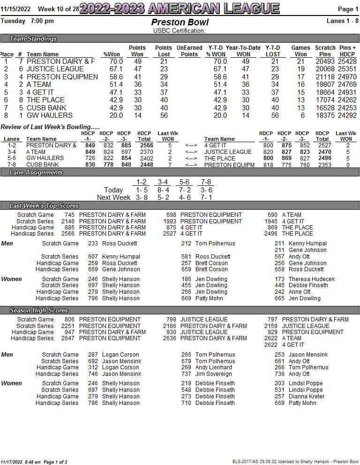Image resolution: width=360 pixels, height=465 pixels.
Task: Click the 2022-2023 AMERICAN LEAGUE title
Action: pos(180,8)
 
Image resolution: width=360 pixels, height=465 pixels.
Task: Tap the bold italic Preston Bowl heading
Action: pos(180,23)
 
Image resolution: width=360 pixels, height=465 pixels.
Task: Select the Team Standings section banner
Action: pos(33,38)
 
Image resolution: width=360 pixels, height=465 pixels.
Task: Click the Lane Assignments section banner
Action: pos(36,173)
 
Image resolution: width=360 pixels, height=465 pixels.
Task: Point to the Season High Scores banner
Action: pos(38,311)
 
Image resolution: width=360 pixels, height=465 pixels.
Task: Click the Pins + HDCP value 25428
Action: pos(347,61)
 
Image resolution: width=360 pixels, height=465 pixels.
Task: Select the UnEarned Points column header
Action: pos(189,51)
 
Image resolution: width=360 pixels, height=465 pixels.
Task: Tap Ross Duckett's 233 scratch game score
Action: pos(93,244)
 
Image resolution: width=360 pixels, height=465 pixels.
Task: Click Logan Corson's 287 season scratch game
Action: pos(93,355)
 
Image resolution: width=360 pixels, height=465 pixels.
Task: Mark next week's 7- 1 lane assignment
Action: pos(206,198)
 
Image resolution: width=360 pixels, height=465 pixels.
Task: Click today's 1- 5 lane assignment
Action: pos(141,190)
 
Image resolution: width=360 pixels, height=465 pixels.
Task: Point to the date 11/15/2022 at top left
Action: pos(15,9)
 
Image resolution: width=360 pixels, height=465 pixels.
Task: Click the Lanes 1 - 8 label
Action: pos(342,21)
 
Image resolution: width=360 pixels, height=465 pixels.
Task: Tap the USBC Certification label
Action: pos(180,31)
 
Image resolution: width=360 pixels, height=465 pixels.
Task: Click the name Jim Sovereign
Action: pos(213,374)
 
